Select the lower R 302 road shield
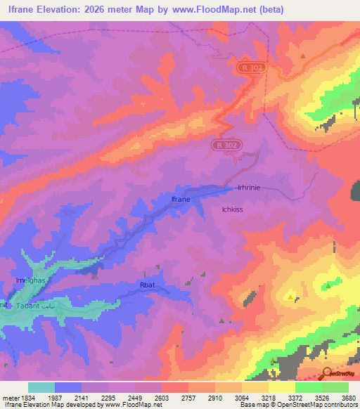tap(225, 145)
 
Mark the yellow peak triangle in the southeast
tap(291, 298)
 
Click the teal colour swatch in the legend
tap(41, 387)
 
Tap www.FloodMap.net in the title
tap(226, 9)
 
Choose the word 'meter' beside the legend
tap(9, 398)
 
